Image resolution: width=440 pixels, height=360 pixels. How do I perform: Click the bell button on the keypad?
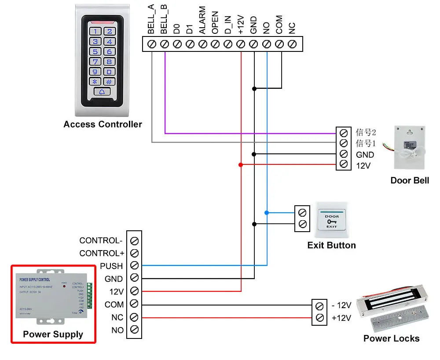(x=102, y=92)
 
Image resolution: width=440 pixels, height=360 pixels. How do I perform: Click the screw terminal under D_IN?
(x=228, y=44)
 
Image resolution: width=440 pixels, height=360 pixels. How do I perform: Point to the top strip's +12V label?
(x=241, y=25)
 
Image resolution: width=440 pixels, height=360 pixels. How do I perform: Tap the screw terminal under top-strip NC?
(x=292, y=44)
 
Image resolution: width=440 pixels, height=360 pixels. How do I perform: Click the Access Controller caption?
(x=103, y=124)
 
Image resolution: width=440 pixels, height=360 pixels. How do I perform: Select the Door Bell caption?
(x=410, y=180)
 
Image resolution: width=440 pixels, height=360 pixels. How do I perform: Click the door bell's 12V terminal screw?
(x=344, y=165)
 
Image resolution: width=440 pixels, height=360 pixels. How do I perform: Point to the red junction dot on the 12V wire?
(x=241, y=165)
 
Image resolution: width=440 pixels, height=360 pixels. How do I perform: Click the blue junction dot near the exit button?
(x=267, y=213)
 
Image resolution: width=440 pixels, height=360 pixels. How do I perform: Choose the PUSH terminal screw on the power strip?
(x=135, y=265)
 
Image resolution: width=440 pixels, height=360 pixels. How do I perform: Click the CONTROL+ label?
(x=102, y=253)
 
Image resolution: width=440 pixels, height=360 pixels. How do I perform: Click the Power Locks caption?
(x=391, y=338)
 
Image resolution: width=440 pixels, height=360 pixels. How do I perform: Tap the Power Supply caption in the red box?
(x=53, y=335)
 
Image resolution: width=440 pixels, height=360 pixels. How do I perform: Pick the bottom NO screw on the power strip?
(x=135, y=330)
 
